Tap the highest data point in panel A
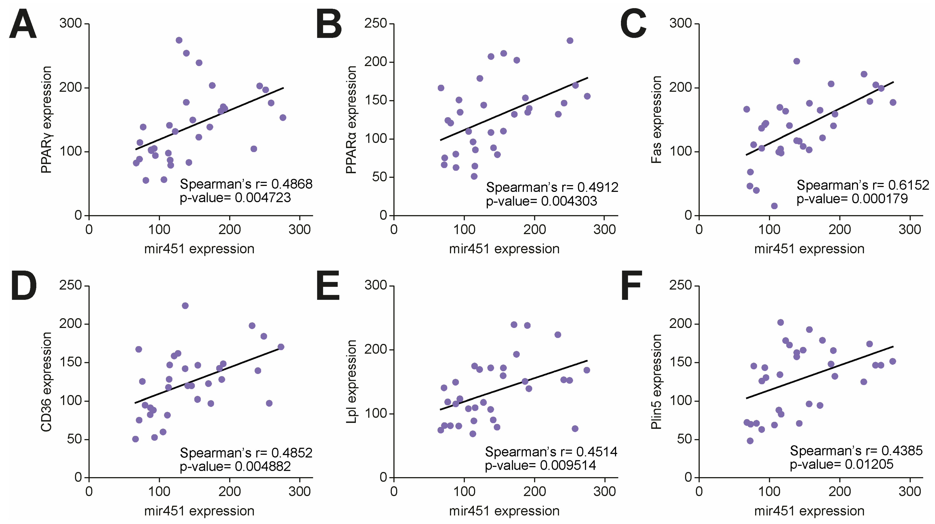point(179,40)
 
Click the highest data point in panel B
point(570,41)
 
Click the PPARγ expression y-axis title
point(46,120)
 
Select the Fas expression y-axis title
point(656,120)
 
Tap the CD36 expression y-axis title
point(46,382)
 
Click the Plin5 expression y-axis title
point(656,382)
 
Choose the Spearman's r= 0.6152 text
point(862,185)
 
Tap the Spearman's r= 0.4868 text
point(246,184)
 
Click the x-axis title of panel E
point(504,511)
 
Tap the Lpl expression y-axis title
point(351,382)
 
